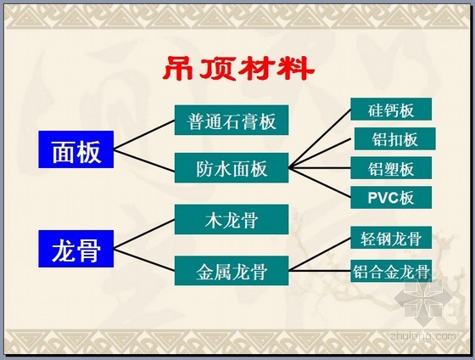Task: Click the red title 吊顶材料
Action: click(x=238, y=68)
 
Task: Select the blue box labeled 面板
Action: click(x=76, y=149)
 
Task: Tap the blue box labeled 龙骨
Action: click(x=76, y=249)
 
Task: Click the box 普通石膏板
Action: click(x=232, y=120)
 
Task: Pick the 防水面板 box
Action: click(x=232, y=168)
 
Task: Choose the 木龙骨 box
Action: click(x=232, y=219)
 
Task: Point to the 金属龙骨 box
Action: click(x=232, y=271)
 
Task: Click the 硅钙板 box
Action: click(x=391, y=110)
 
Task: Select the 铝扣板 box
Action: click(x=395, y=138)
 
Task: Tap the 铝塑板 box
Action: click(x=391, y=168)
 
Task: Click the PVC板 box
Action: click(x=391, y=198)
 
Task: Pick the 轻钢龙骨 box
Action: click(x=391, y=238)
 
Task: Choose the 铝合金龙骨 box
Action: click(x=391, y=271)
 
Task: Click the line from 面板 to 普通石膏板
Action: click(x=144, y=135)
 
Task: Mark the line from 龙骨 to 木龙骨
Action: click(x=144, y=234)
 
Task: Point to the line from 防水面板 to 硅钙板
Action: click(x=320, y=138)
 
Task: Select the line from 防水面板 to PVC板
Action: click(x=320, y=183)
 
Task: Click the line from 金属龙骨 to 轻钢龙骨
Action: click(x=320, y=254)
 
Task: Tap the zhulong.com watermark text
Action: click(x=423, y=336)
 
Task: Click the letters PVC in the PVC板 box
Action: click(x=383, y=198)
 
